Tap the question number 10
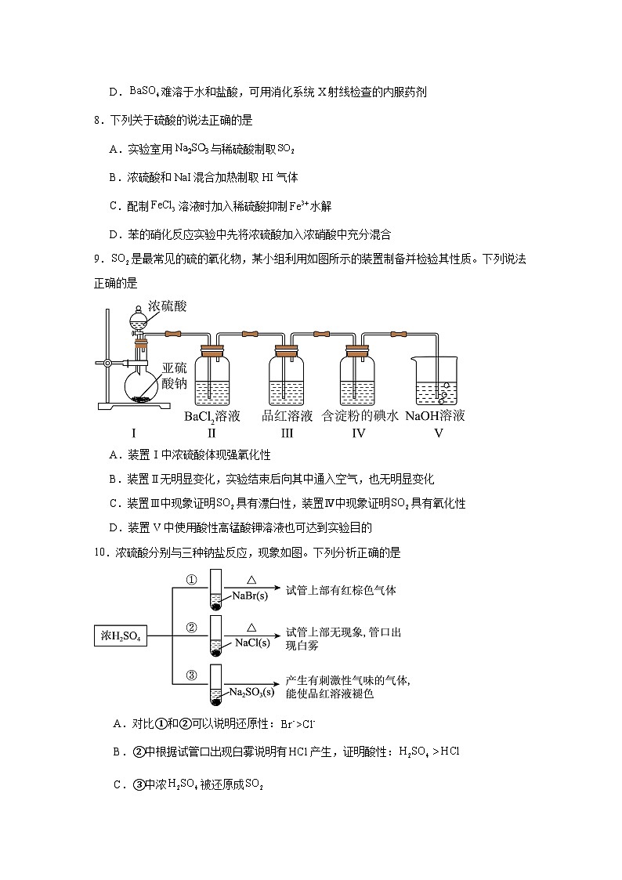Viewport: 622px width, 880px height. tap(100, 552)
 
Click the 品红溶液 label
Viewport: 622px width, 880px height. tap(287, 415)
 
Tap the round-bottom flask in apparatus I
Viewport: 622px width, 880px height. tap(142, 386)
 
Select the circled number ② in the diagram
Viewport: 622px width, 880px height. tap(190, 628)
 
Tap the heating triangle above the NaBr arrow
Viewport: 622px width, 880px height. tap(252, 580)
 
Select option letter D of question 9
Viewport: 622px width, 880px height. tap(114, 527)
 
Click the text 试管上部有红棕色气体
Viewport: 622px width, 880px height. tap(342, 589)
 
